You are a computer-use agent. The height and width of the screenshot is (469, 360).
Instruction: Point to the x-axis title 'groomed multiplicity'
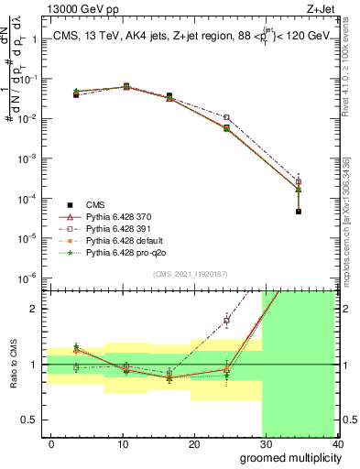pos(287,457)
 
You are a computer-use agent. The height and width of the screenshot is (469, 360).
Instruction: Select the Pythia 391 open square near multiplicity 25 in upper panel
pos(226,117)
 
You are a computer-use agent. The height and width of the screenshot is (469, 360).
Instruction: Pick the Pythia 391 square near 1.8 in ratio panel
pos(226,321)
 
